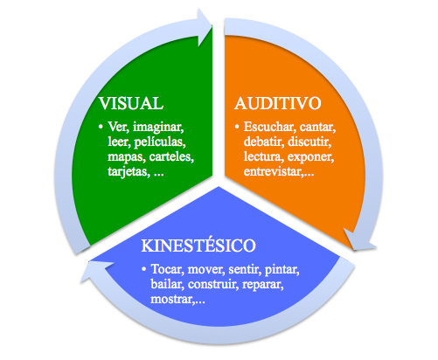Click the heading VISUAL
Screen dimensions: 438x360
131,103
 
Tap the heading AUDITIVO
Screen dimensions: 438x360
278,103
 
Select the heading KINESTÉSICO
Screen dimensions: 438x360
198,246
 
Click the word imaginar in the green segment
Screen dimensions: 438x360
158,128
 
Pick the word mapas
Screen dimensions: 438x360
127,156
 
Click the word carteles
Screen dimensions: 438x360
171,156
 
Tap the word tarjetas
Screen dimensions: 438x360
129,171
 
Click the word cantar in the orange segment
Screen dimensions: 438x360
317,128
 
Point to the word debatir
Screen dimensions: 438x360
264,142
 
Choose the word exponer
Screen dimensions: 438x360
310,157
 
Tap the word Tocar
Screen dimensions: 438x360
168,269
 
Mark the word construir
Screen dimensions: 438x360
212,284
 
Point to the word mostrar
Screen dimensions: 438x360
172,299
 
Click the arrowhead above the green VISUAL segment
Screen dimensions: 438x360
205,27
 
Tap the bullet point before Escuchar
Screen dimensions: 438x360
237,127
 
